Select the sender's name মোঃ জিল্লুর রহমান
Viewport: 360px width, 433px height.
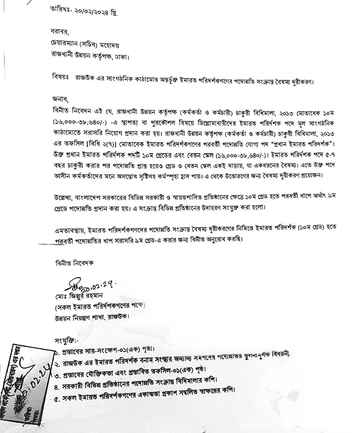[76, 296]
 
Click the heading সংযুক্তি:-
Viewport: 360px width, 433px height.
[67, 340]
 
